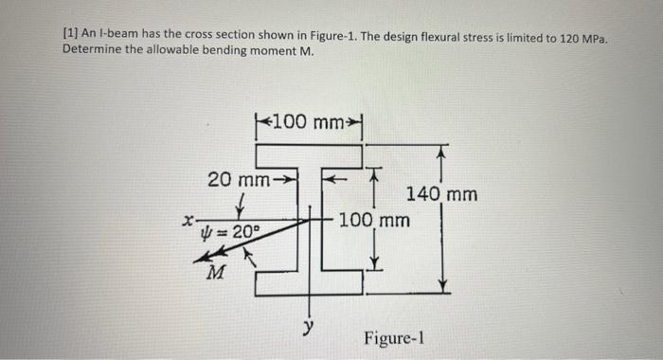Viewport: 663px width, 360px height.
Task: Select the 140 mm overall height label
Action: point(441,196)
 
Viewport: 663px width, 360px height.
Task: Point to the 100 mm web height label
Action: point(374,221)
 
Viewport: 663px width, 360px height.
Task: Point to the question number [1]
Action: point(71,35)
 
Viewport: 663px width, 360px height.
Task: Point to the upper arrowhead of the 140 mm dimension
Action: point(442,150)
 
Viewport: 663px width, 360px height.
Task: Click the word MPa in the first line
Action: point(592,36)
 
